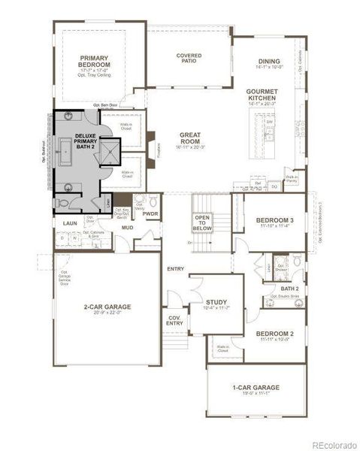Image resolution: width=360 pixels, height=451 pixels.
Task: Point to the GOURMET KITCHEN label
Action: click(262, 95)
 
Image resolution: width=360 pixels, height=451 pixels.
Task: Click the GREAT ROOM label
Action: click(189, 139)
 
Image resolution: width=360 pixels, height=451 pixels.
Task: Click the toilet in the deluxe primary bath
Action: click(62, 203)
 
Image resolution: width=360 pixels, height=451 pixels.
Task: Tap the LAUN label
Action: click(70, 222)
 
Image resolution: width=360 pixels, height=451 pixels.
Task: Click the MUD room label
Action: click(128, 227)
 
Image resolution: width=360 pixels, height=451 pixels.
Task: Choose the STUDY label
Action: click(216, 302)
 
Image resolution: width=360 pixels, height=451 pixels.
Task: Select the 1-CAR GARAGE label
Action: click(256, 388)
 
